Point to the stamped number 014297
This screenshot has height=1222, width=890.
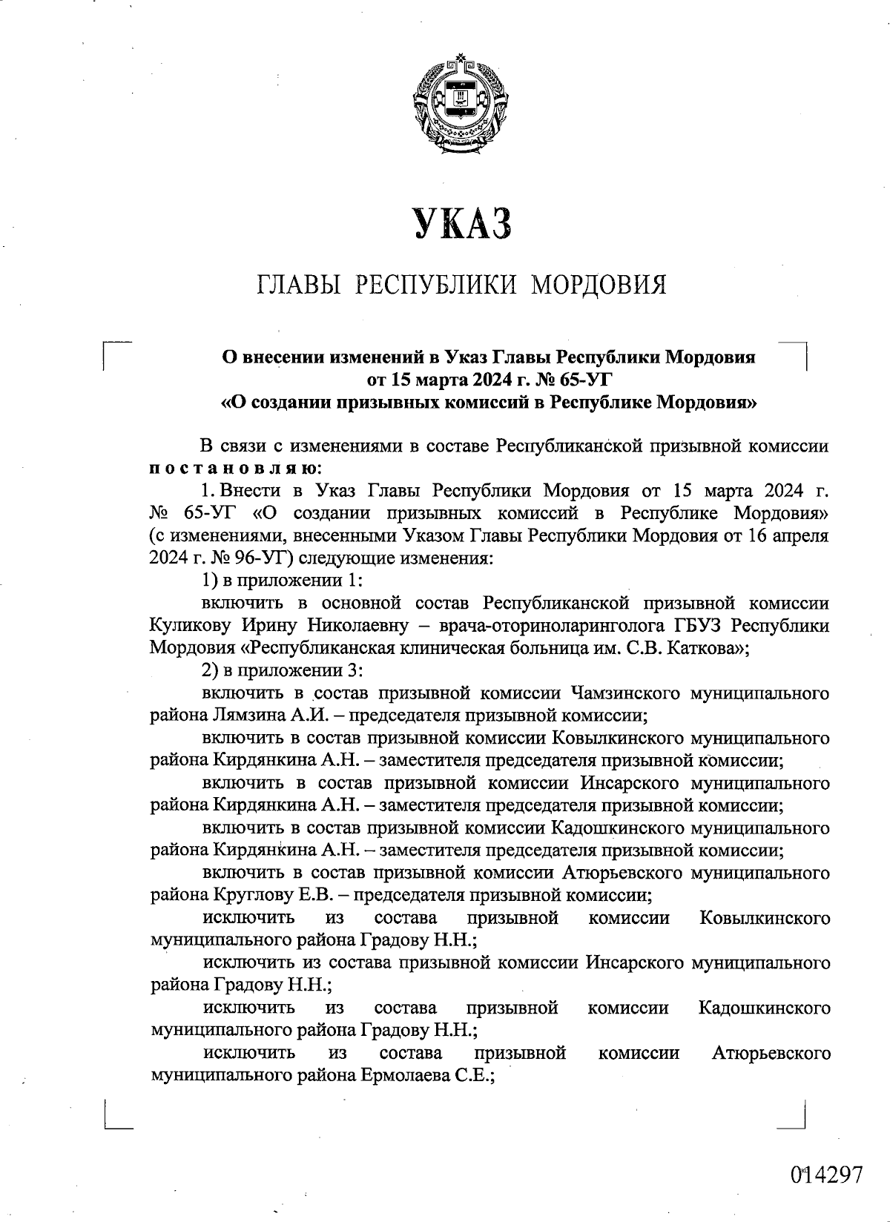(826, 1175)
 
